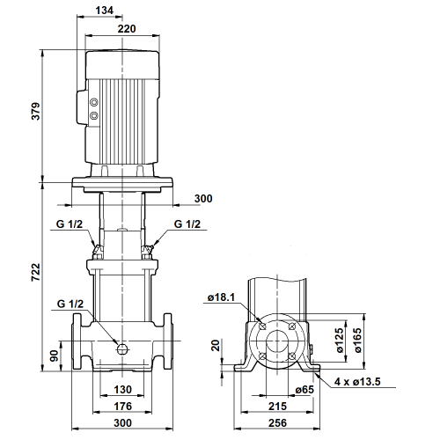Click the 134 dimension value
(x=104, y=11)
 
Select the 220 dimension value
(x=127, y=29)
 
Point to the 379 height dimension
(x=35, y=111)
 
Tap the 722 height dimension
(x=35, y=273)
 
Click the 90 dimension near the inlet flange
(x=55, y=356)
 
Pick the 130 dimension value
(x=122, y=390)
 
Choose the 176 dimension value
(x=122, y=407)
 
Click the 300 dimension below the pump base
(x=122, y=423)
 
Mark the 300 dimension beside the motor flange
(x=203, y=199)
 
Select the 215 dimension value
(x=277, y=407)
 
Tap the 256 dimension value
(x=277, y=423)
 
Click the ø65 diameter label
(x=304, y=390)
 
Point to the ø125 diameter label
(x=339, y=341)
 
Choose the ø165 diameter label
(x=357, y=341)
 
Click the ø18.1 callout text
(x=221, y=297)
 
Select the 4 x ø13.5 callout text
(x=357, y=382)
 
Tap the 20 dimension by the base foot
(x=216, y=346)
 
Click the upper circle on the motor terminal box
(x=94, y=102)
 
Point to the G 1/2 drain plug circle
(x=121, y=349)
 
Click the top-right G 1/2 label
(x=187, y=224)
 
